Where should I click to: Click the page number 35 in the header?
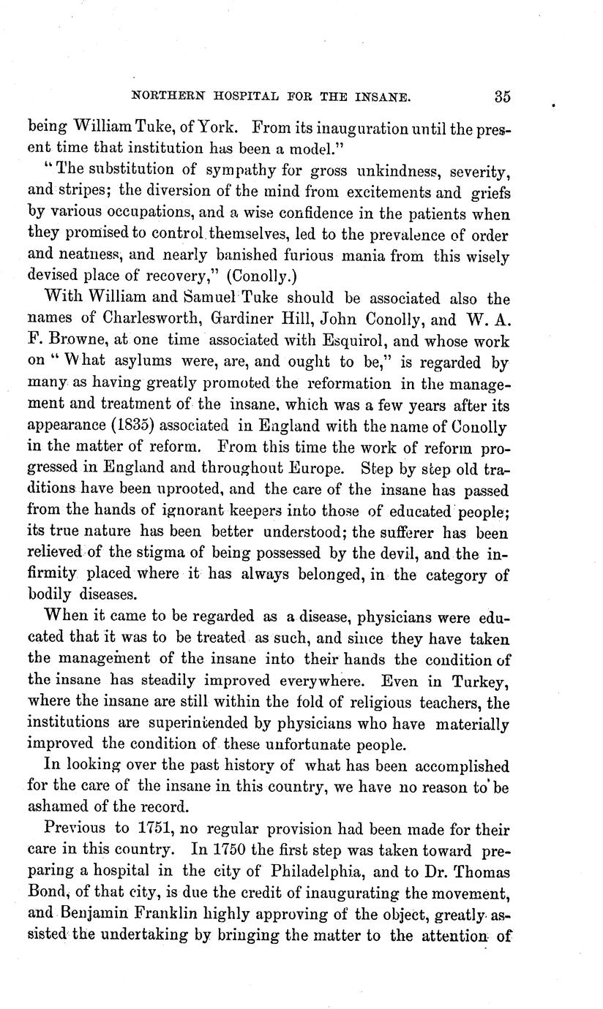[x=501, y=96]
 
